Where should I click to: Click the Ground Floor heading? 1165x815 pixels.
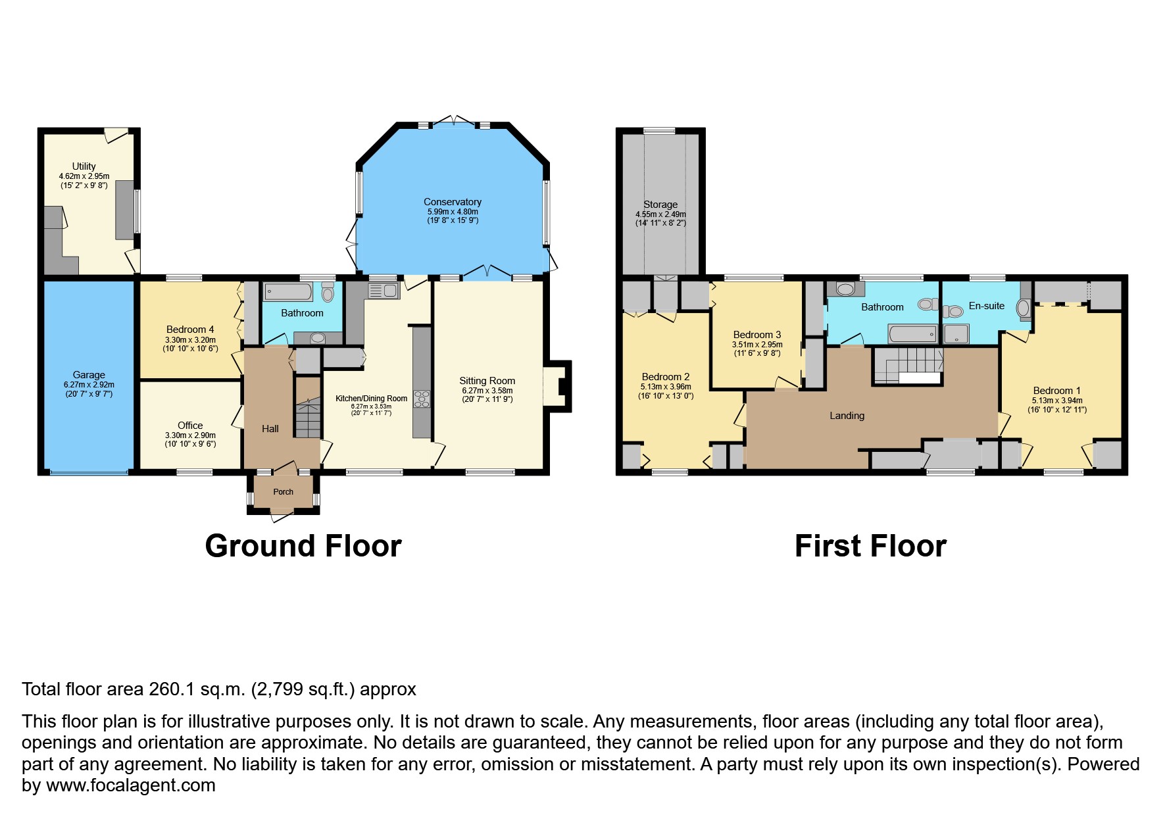[303, 546]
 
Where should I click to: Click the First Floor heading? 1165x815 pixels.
[870, 546]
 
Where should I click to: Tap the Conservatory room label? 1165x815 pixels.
[453, 202]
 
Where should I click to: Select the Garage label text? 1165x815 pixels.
[89, 375]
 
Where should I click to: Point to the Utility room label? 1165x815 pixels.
[84, 166]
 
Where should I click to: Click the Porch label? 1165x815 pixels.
[284, 492]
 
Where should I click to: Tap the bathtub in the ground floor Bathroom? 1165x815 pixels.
[288, 291]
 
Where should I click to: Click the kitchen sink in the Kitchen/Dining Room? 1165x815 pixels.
[384, 291]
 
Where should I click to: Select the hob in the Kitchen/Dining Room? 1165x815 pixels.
[422, 399]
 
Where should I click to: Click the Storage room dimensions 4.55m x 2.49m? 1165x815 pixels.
[660, 214]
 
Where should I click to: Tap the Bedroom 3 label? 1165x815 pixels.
[757, 335]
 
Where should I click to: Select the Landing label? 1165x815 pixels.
[847, 416]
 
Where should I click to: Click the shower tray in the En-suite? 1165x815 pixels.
[956, 333]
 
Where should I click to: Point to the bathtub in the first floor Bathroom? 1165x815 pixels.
[912, 334]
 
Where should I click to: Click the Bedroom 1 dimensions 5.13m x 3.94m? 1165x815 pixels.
[1057, 401]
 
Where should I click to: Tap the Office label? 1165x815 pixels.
[190, 426]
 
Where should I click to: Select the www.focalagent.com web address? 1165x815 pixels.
[131, 785]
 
